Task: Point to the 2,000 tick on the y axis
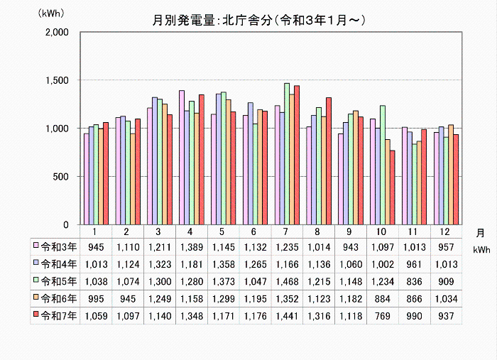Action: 56,33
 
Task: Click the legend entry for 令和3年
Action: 54,246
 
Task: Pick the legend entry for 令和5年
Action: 54,281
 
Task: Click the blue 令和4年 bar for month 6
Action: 249,163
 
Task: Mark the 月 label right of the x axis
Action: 481,232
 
